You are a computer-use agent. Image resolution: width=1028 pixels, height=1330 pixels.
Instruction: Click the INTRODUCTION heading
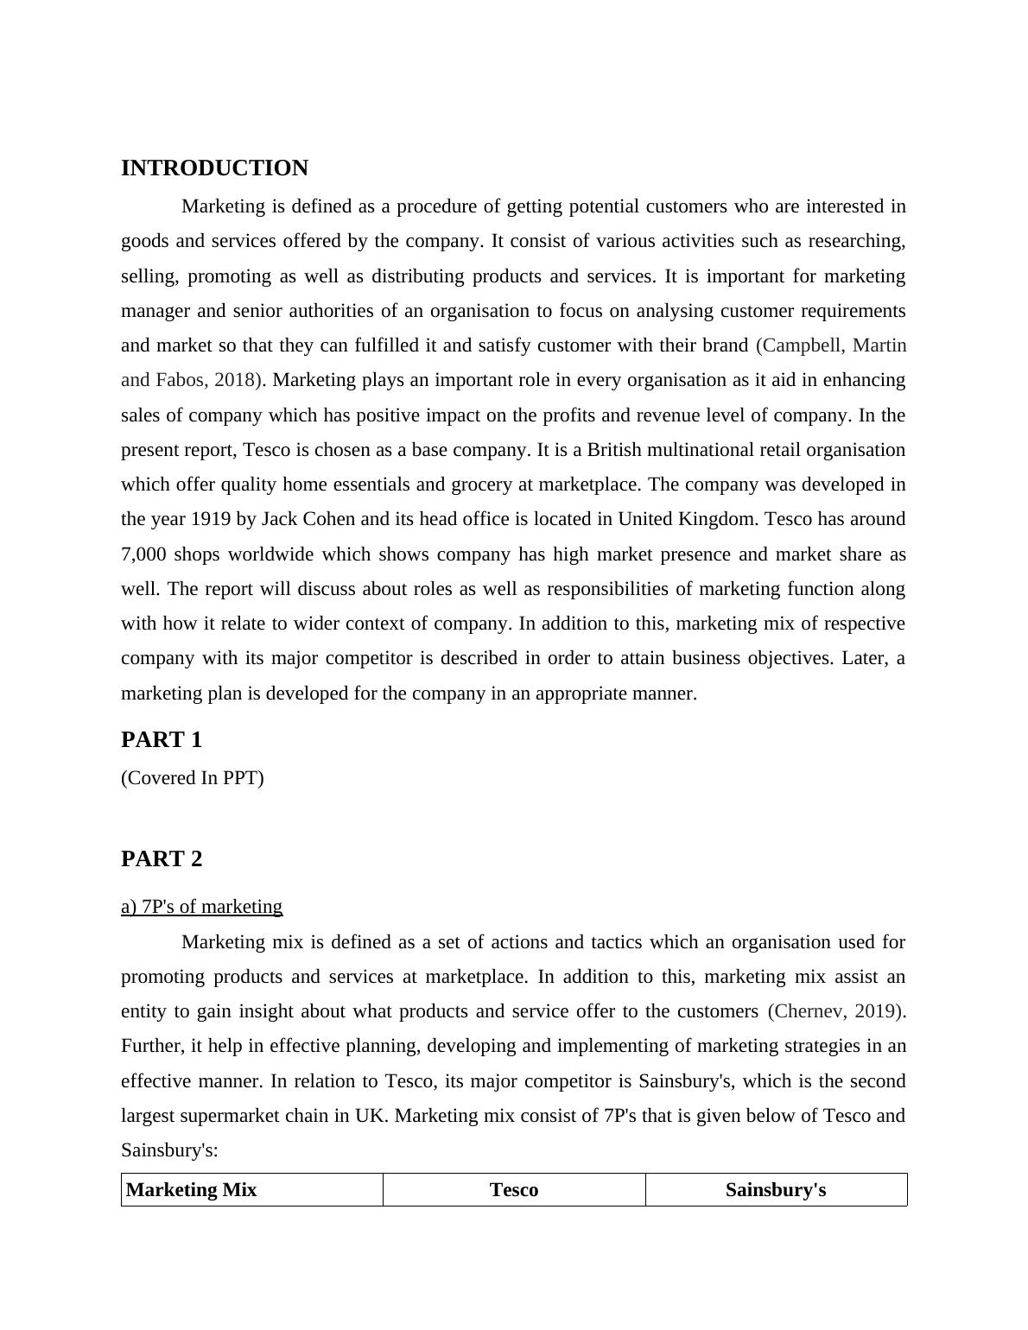214,168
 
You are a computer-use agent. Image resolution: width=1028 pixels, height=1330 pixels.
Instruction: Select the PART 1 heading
162,740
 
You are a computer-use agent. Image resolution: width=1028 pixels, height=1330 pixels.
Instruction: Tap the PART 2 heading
162,859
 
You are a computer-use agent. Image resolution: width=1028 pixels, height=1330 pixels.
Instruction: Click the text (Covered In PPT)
193,778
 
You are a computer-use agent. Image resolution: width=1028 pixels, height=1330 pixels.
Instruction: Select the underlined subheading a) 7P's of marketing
201,907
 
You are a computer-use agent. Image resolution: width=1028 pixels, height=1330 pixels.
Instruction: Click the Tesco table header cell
514,1190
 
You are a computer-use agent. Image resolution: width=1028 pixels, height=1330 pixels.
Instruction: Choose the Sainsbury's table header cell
776,1190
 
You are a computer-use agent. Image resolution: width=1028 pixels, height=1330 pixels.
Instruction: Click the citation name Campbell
802,345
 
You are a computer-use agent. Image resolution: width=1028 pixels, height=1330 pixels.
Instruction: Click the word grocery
481,484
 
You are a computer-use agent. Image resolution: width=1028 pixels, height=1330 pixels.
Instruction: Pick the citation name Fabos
178,380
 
